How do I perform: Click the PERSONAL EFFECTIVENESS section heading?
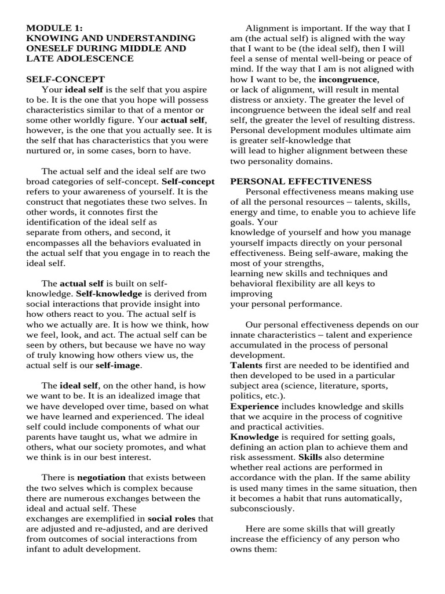(301, 182)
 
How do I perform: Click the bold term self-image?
(118, 365)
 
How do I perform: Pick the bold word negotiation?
(101, 477)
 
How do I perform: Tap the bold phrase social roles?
(172, 518)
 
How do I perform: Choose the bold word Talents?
(246, 365)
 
